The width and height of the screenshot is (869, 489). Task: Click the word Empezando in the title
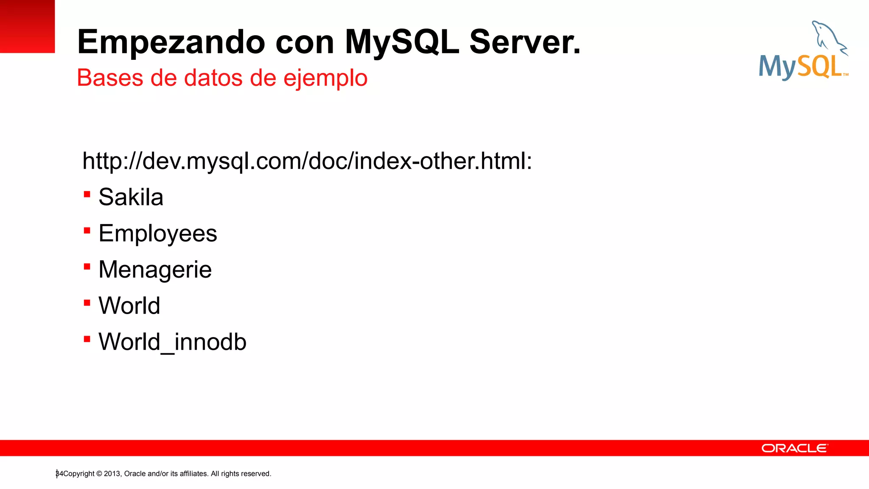point(171,42)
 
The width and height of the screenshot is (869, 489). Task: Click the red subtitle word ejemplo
point(325,78)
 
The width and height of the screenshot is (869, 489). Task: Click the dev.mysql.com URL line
point(307,161)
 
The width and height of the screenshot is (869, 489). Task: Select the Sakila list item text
point(131,197)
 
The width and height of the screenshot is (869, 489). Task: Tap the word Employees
point(157,233)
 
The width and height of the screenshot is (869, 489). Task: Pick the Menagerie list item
point(155,270)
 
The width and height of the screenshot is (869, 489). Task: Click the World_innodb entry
point(172,342)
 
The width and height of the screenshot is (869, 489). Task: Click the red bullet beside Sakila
point(87,194)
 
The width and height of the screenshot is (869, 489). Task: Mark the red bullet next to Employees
point(87,230)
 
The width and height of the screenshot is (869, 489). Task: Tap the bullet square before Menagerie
point(87,267)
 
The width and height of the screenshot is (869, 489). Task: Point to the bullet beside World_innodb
point(87,339)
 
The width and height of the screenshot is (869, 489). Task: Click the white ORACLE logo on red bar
point(794,448)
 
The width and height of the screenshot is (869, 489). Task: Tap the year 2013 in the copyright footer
point(112,474)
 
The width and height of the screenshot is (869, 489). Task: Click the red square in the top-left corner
point(27,26)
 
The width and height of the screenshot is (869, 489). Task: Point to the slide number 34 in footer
point(59,474)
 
